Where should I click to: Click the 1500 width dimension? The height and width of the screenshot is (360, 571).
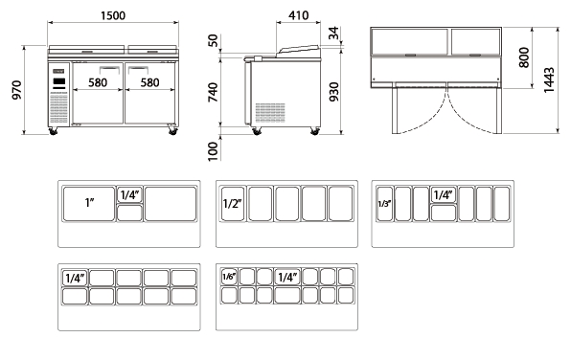[x=113, y=15]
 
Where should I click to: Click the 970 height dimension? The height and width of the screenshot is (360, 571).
[x=17, y=90]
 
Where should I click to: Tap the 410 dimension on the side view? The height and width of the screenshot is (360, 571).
[x=298, y=15]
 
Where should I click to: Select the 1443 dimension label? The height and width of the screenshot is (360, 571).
[x=549, y=80]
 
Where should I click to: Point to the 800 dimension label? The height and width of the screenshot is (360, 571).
[x=524, y=57]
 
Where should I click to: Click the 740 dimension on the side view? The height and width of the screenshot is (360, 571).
[x=213, y=92]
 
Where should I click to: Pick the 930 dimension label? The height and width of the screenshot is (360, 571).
[x=333, y=92]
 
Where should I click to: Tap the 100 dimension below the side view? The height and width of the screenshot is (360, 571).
[x=213, y=151]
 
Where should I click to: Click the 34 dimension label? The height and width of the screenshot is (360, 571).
[x=333, y=34]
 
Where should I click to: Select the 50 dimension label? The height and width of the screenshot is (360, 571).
[x=213, y=40]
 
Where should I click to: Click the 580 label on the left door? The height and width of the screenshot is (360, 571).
[x=98, y=82]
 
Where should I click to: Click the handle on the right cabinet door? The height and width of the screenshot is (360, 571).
[x=138, y=69]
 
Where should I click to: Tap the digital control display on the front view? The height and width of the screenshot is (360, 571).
[x=59, y=82]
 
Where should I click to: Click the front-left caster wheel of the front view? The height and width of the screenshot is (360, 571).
[x=53, y=131]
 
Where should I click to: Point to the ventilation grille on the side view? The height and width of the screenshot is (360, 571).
[x=270, y=112]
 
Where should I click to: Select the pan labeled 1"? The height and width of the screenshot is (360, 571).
[x=89, y=204]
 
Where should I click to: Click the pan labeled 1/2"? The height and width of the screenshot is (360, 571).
[x=233, y=204]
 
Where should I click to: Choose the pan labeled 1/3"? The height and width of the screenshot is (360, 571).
[x=384, y=204]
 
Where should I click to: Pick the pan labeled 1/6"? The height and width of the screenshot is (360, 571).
[x=229, y=277]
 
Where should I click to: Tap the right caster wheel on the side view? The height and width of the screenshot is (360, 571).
[x=315, y=131]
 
